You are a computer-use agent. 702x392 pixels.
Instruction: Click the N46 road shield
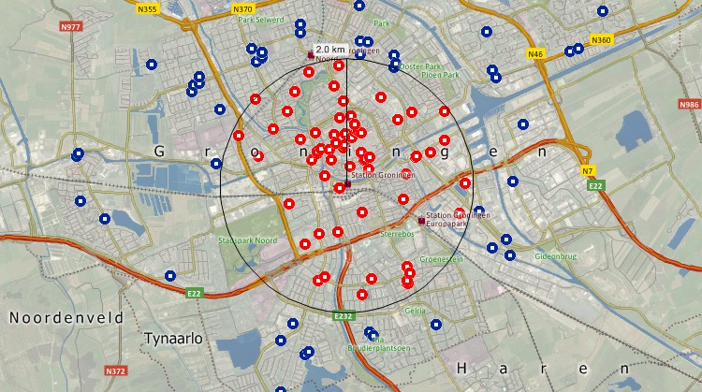[535, 54]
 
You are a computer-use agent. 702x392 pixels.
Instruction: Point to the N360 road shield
[601, 40]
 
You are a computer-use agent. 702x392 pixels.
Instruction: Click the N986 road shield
[689, 105]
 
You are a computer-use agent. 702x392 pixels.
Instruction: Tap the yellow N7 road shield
[588, 171]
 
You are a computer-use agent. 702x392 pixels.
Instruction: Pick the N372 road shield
[116, 370]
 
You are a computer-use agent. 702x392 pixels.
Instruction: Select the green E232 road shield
[344, 317]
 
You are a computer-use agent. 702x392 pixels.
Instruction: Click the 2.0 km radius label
[329, 49]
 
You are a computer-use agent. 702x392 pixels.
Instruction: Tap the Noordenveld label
[66, 318]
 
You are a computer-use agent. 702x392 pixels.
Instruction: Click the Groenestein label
[441, 259]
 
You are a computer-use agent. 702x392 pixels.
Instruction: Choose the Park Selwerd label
[261, 19]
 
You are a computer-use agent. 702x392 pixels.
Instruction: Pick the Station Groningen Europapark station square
[420, 220]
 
